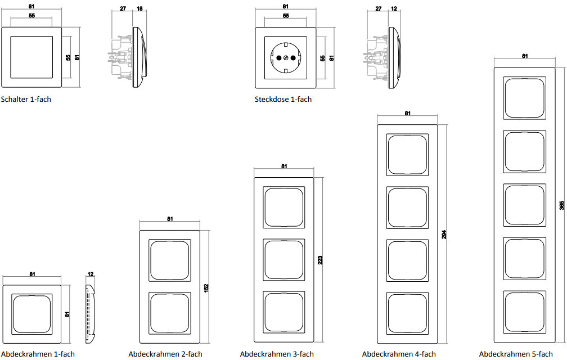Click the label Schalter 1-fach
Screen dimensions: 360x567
26,100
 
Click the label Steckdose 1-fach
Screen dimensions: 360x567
283,100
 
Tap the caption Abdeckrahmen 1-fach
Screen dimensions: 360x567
38,354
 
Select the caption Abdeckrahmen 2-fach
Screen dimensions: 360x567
165,354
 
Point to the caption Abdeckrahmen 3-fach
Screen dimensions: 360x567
277,354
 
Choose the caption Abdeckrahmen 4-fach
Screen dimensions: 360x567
399,354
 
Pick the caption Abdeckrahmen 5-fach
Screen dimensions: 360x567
516,354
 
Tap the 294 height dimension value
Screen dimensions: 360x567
444,235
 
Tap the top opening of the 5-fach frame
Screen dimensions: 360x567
525,98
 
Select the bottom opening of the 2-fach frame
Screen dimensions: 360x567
170,313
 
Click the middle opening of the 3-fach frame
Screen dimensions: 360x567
284,260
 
